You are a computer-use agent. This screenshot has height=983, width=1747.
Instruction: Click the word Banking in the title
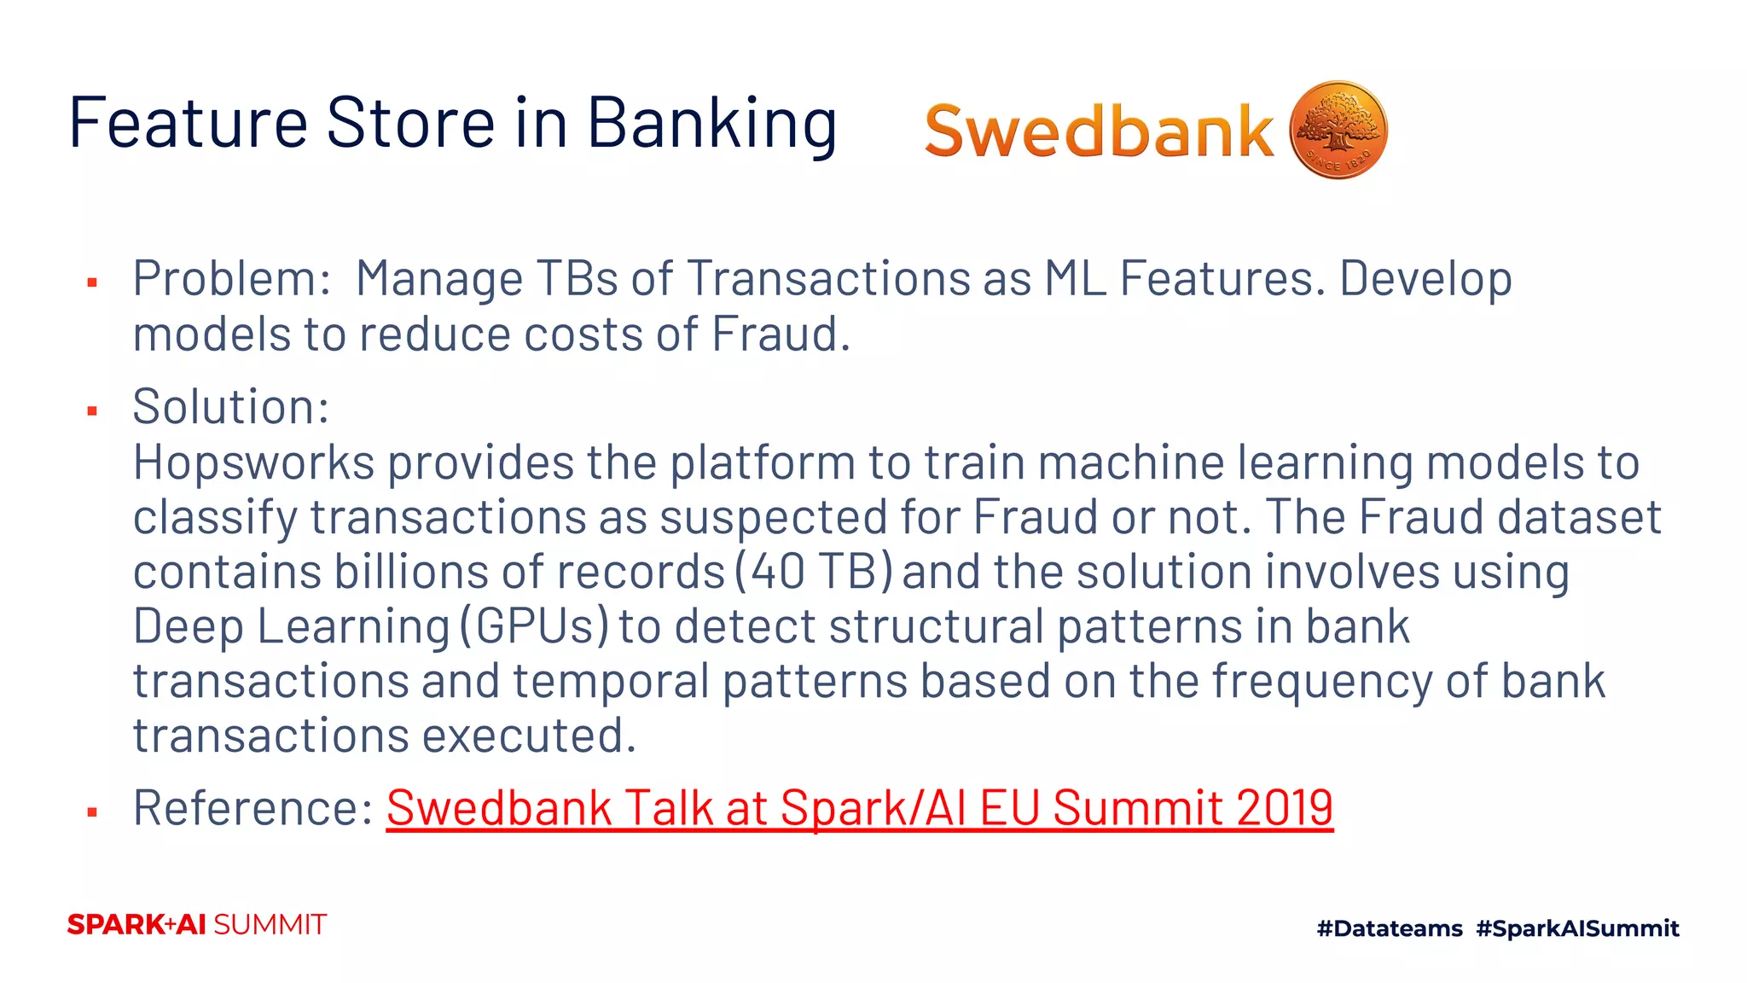[711, 123]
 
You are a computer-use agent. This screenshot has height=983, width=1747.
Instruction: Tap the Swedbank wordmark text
[1099, 132]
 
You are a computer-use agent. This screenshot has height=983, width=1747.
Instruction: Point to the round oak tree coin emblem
[1338, 131]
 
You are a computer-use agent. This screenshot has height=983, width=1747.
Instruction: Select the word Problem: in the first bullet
[231, 279]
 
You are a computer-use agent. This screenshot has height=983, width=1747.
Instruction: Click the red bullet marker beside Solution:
[92, 411]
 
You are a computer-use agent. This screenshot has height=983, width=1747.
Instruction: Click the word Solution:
[230, 406]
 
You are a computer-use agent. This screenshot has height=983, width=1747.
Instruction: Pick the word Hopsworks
[253, 462]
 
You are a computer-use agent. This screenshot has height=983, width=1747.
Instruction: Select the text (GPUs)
[535, 625]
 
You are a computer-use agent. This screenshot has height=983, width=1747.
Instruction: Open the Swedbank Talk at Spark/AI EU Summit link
[859, 807]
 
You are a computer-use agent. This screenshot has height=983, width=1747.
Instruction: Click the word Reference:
[253, 807]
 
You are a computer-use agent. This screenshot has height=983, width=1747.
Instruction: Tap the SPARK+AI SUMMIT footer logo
[196, 925]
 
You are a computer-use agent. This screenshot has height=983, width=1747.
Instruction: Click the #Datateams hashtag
[1390, 928]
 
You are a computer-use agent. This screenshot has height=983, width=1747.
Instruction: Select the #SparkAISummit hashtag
[1577, 928]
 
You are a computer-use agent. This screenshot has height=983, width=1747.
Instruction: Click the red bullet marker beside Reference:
[92, 812]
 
